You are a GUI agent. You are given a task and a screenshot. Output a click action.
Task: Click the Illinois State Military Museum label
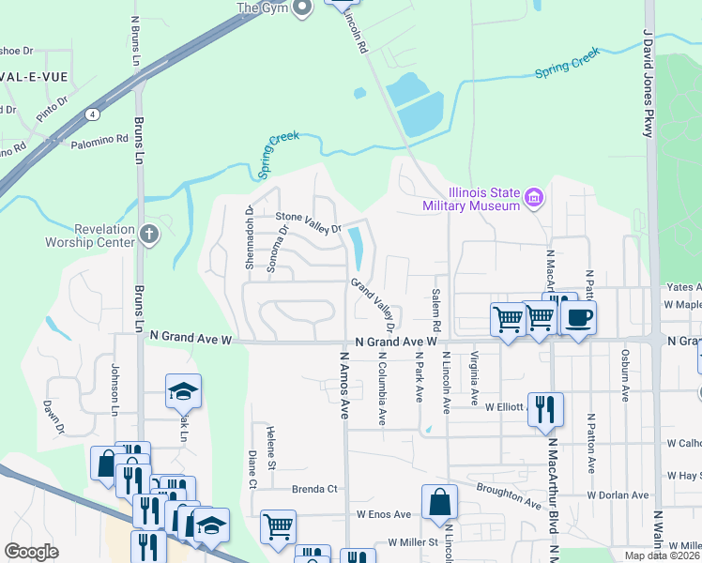(470, 199)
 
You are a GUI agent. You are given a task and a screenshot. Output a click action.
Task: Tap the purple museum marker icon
(534, 197)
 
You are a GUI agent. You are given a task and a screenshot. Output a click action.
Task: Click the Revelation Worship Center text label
(90, 236)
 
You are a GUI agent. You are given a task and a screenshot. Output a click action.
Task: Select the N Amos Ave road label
(344, 381)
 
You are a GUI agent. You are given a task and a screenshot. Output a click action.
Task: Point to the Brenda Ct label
(313, 489)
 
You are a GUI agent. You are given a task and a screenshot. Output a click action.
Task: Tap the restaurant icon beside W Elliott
(545, 408)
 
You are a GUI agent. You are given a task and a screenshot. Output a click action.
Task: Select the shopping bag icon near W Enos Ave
(439, 503)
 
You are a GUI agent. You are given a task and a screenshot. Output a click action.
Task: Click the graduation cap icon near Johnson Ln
(184, 391)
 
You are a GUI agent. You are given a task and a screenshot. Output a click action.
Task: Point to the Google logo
(31, 552)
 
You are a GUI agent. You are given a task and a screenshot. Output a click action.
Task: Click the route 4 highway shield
(93, 114)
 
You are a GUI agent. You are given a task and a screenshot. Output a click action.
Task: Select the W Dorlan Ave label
(618, 495)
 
